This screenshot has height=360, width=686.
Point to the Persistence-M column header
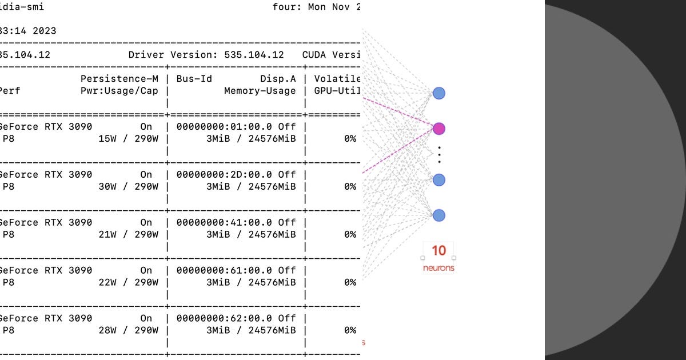tap(119, 79)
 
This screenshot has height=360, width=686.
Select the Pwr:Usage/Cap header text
tap(119, 90)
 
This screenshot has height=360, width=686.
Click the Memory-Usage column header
tap(260, 90)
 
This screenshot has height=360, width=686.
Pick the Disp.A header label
tap(278, 79)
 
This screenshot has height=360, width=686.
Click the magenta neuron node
tap(438, 129)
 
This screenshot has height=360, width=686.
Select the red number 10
tap(438, 251)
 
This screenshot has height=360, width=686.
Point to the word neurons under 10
tap(438, 267)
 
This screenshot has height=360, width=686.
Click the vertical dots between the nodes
tap(439, 154)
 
